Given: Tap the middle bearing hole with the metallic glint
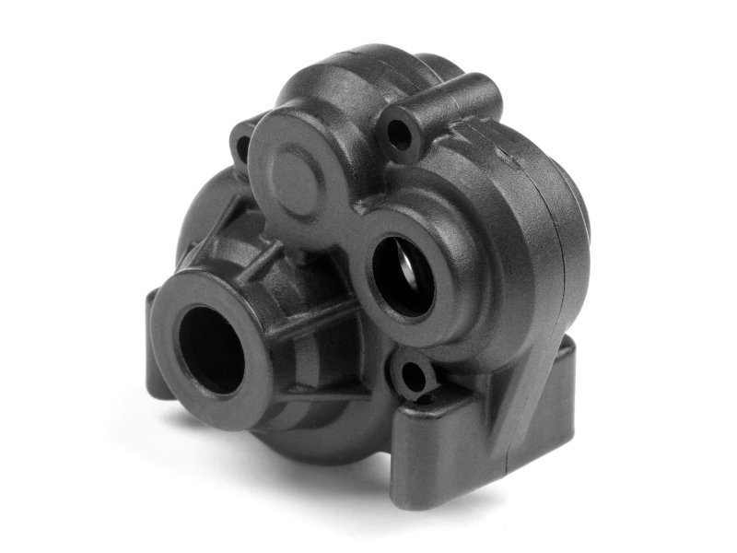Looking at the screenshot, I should tap(403, 266).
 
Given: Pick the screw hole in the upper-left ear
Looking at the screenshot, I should tap(243, 145).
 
